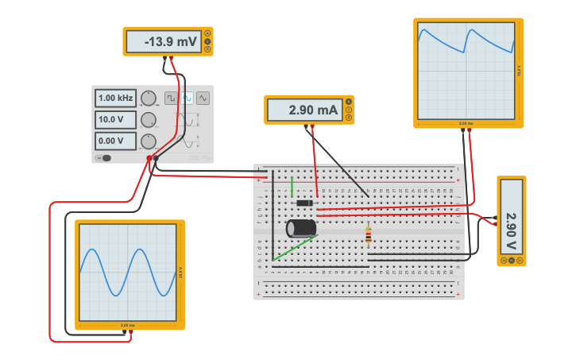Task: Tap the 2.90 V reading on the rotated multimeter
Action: tap(512, 221)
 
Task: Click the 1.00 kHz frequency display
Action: tap(116, 98)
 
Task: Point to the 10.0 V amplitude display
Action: tap(116, 120)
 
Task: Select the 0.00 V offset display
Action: tap(116, 141)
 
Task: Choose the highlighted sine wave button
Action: tap(187, 98)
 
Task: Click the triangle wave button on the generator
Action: tap(203, 98)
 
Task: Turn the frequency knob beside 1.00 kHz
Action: tap(149, 99)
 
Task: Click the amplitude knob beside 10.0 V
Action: tap(149, 120)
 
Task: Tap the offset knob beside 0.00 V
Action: tap(149, 141)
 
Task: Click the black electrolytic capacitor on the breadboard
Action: tap(301, 228)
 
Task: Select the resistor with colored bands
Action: tap(368, 235)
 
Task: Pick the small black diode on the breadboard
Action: tap(303, 203)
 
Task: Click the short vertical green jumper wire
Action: tap(292, 187)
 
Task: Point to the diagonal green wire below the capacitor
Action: tap(295, 248)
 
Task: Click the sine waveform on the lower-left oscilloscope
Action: tap(127, 272)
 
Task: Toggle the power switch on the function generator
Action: tap(104, 157)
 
